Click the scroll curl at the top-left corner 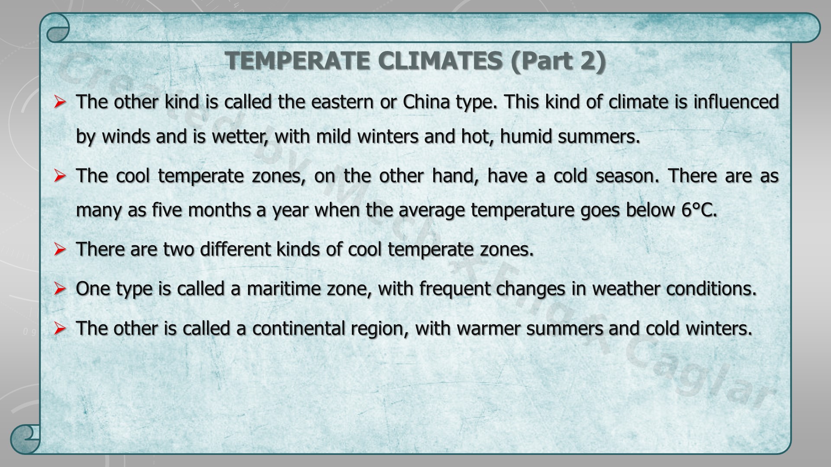point(58,28)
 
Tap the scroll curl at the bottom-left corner point(25,439)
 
